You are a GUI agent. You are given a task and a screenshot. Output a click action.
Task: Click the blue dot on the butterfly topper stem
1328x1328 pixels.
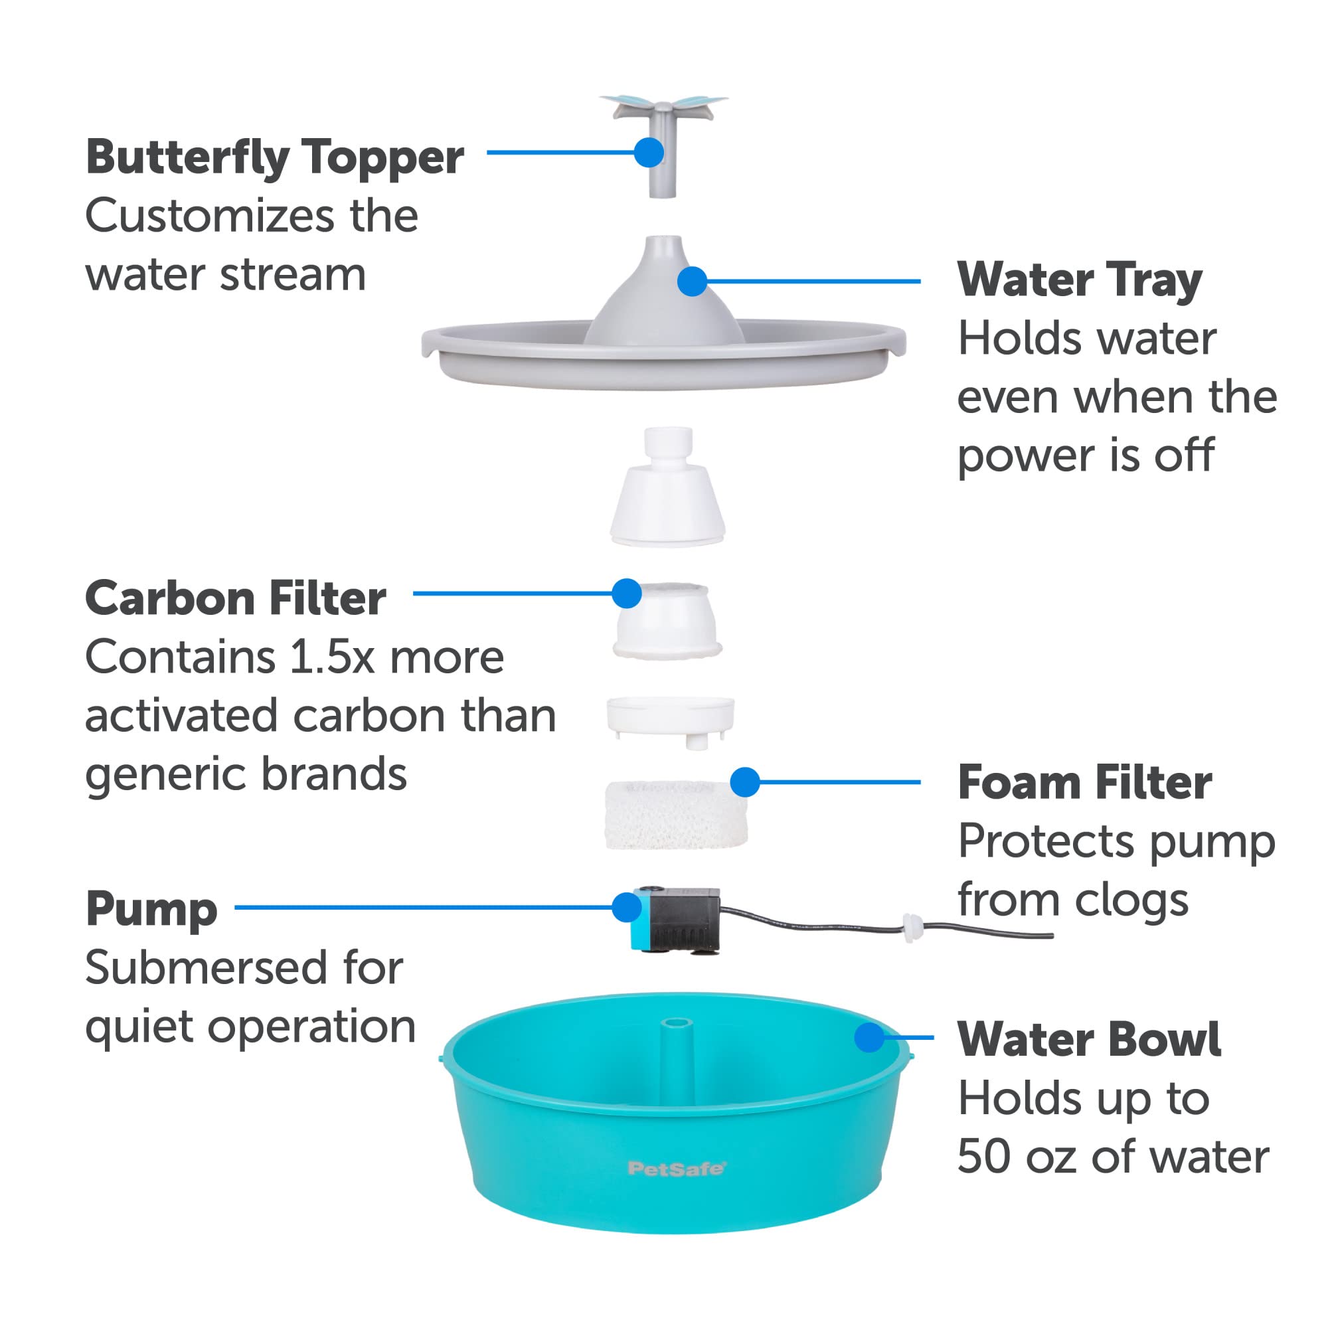pos(649,153)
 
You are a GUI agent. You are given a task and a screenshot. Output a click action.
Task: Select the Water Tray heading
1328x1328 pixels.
pos(1079,281)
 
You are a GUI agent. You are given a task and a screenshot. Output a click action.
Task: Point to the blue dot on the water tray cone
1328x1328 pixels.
pos(692,281)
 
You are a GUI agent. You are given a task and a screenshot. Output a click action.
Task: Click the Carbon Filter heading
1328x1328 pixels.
pos(235,598)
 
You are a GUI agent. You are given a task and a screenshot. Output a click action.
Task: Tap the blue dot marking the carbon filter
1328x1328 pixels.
pos(627,593)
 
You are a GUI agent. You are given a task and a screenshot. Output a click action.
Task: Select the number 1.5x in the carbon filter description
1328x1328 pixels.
pos(332,657)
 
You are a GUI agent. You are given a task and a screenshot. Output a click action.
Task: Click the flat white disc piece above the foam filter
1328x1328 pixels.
pos(670,716)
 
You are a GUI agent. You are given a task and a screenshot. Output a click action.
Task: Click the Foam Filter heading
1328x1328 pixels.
pos(1084,783)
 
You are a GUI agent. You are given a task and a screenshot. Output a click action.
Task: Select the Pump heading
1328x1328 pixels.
pos(151,910)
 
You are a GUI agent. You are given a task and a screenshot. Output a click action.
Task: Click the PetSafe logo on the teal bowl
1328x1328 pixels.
pos(676,1169)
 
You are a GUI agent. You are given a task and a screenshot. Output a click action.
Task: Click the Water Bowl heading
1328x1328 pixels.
pos(1089,1039)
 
